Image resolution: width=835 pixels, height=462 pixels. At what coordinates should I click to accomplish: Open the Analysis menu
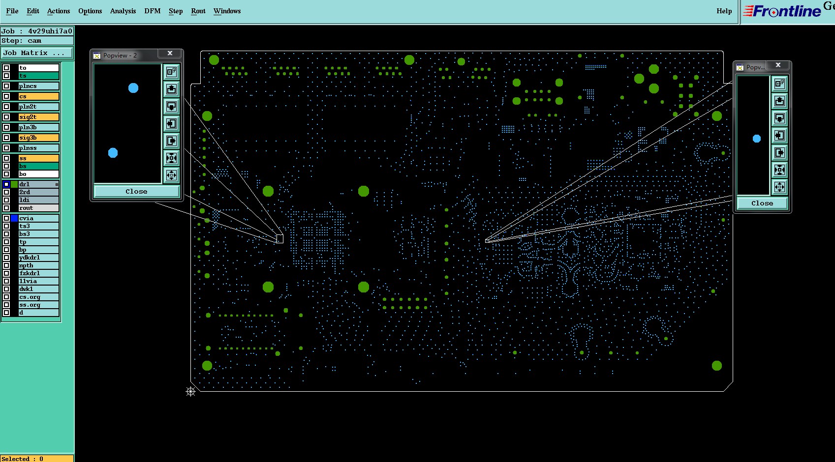click(123, 11)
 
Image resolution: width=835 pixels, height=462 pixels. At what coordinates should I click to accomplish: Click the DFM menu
click(153, 11)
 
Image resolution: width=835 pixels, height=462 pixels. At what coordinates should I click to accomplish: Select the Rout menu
click(198, 11)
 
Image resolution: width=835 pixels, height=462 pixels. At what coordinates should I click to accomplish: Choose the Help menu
click(724, 11)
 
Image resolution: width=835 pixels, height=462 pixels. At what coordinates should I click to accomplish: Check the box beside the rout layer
click(6, 208)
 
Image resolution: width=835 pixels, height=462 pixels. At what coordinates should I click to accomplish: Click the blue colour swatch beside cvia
click(14, 218)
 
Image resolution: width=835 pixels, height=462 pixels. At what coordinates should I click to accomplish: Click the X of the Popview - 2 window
click(170, 53)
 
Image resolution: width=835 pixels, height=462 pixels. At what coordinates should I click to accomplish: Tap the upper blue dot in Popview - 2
click(133, 88)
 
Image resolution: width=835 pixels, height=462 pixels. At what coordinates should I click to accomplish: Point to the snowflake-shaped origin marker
click(190, 391)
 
